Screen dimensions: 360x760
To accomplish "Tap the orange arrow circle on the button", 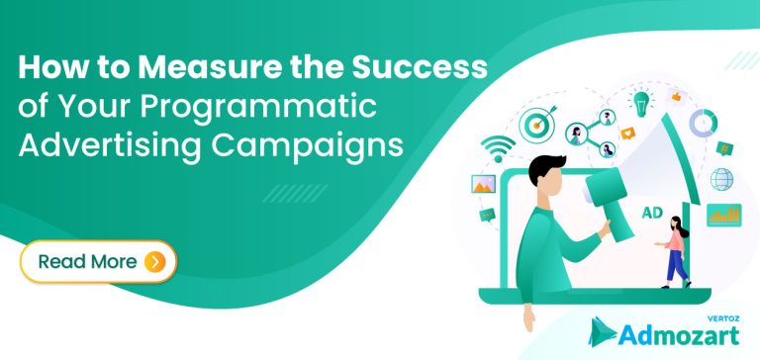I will (154, 261).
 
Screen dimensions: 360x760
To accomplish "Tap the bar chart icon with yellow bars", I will (723, 213).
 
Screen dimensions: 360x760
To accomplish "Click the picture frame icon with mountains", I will (486, 184).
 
